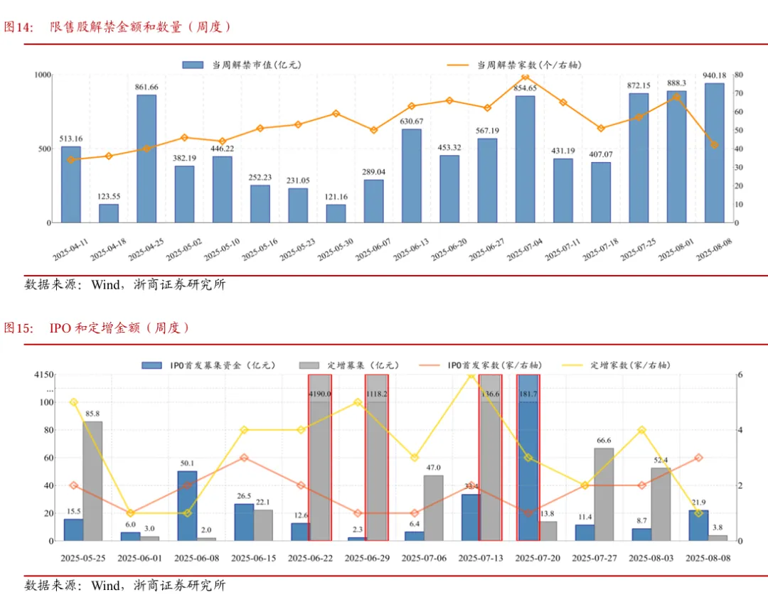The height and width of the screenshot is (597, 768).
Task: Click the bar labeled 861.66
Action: click(146, 158)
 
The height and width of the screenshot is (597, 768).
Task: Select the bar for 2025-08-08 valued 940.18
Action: click(714, 153)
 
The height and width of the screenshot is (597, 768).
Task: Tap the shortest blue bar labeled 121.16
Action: click(336, 213)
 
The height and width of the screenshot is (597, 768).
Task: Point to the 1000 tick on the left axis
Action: click(43, 75)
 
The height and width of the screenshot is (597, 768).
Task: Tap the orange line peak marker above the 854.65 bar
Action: click(526, 77)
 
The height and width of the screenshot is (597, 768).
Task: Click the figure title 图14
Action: click(19, 28)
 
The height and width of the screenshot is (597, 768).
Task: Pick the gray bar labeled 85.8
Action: click(92, 480)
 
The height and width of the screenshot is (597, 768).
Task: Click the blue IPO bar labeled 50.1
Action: click(187, 505)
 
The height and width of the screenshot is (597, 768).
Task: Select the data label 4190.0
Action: click(320, 393)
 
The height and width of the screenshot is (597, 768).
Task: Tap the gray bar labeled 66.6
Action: click(604, 494)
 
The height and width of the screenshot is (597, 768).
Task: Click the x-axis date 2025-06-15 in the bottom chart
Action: click(253, 558)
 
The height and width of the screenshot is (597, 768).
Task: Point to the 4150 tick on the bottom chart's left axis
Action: click(43, 375)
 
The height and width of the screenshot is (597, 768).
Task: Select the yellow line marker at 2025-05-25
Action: click(73, 402)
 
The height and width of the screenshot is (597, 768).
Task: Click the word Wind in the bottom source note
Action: click(106, 586)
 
